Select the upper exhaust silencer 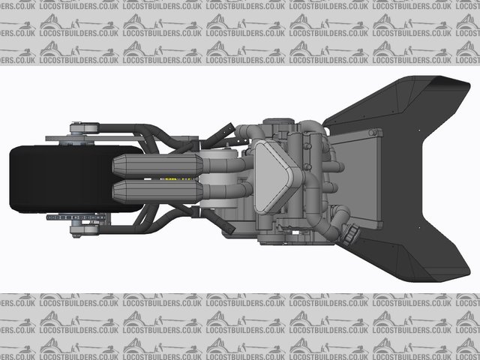coord(157,166)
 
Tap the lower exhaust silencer coord(157,191)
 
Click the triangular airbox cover coord(273,177)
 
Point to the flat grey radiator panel coord(357,179)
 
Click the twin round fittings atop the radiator coord(373,133)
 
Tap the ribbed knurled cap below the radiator coord(352,235)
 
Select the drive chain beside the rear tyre coord(76,217)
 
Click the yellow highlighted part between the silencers coord(178,178)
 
